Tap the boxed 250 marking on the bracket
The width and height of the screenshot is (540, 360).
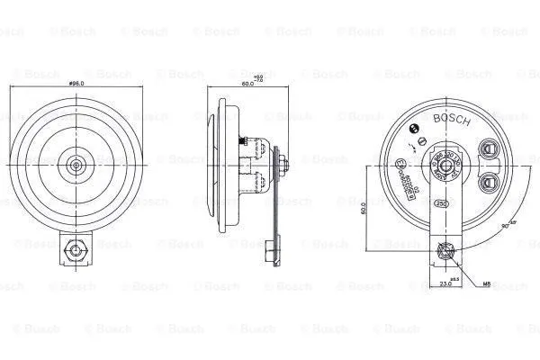(441, 203)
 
